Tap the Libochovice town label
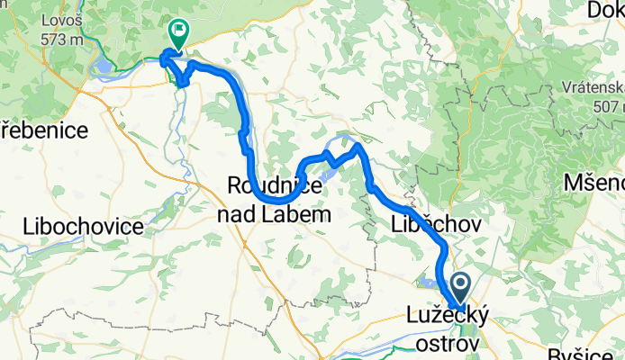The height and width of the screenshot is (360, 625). [83, 226]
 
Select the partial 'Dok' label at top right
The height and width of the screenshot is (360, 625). [605, 11]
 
